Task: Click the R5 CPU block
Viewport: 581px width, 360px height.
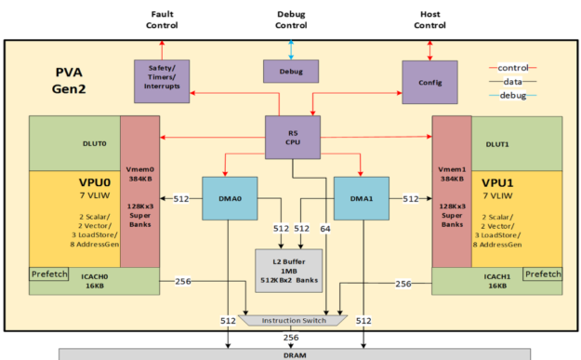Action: [293, 137]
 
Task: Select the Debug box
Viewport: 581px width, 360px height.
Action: [290, 71]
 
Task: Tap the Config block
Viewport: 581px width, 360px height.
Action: [429, 81]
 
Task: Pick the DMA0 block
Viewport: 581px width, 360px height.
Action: [230, 197]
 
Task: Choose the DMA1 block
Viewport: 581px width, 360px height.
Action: [361, 197]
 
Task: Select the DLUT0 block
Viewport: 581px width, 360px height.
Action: [74, 143]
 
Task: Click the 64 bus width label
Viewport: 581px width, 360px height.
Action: [325, 228]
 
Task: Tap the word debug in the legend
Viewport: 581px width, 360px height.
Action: [512, 95]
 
